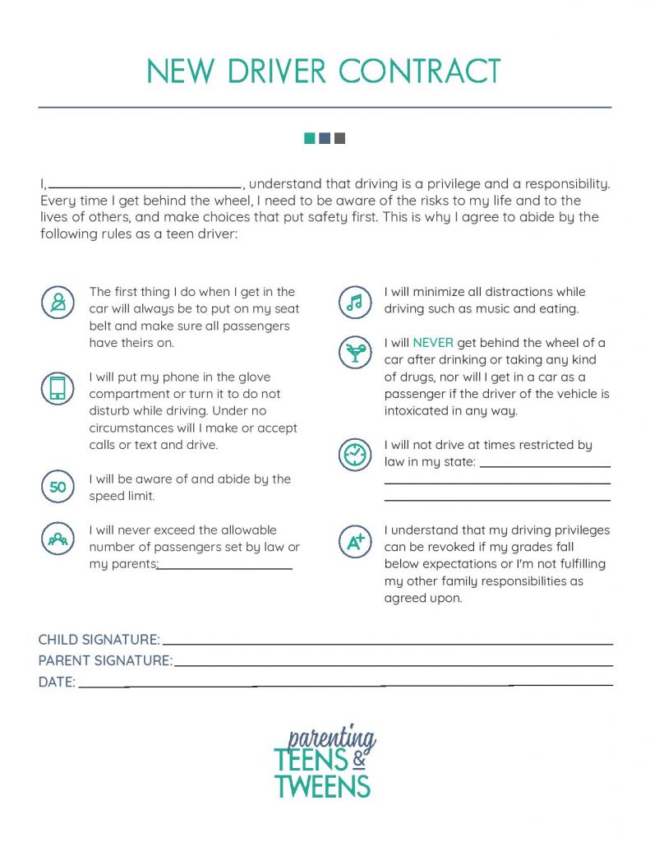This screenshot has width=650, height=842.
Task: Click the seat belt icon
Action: [x=58, y=303]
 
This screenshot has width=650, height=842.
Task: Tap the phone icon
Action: [x=58, y=388]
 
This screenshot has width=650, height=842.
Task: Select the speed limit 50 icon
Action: [x=58, y=488]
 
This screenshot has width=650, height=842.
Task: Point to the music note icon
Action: [x=354, y=303]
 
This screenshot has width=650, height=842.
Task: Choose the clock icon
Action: [x=354, y=454]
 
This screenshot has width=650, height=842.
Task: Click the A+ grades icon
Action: [x=354, y=539]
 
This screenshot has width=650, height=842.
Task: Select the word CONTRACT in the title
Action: [x=420, y=72]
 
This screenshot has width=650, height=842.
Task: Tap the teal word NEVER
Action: [x=433, y=343]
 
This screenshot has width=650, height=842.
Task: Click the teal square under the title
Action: [x=310, y=138]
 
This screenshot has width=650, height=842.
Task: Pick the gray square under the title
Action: [x=340, y=138]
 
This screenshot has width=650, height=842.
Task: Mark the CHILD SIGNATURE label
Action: [x=99, y=640]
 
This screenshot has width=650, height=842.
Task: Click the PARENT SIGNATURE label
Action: [x=105, y=660]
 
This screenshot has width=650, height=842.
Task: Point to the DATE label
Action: [x=57, y=682]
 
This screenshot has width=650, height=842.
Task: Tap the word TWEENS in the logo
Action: [x=322, y=786]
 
